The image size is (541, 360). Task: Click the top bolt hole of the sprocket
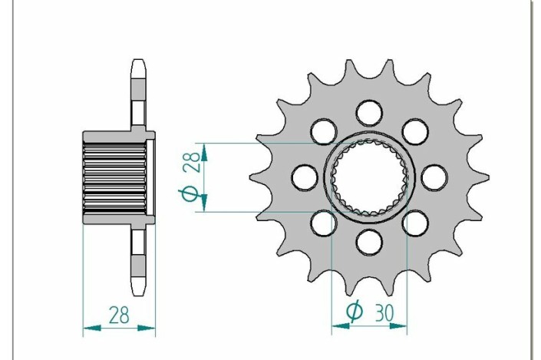pos(370,113)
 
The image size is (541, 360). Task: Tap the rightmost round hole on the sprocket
pos(434,177)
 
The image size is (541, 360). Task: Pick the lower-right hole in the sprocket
pos(415,223)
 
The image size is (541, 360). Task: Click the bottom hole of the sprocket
pos(370,243)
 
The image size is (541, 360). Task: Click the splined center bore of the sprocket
pos(370,177)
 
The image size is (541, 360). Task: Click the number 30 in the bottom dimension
pos(386,312)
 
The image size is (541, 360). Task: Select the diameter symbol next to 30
pos(355,312)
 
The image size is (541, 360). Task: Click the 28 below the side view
pos(119,315)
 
